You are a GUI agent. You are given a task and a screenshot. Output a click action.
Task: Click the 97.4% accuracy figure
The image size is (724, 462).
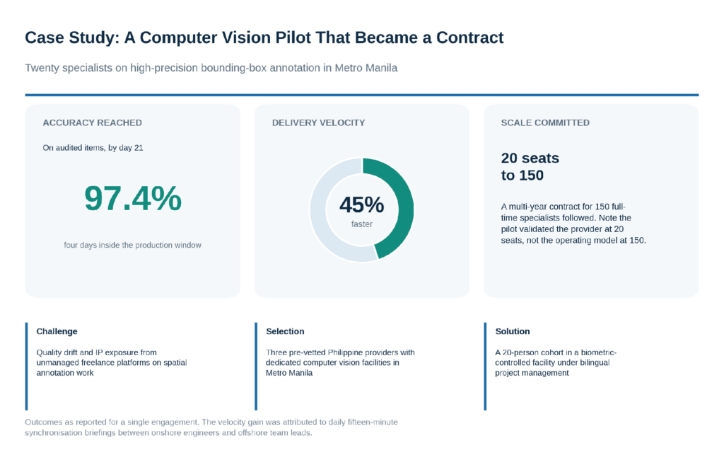[133, 198]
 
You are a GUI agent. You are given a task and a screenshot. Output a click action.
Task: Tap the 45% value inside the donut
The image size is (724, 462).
[361, 204]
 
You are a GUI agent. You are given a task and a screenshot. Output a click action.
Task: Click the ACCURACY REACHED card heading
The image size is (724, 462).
[93, 123]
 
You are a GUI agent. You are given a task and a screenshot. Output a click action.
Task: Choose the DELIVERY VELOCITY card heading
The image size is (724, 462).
[319, 123]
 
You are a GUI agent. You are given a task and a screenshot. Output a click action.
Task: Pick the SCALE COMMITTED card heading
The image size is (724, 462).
[545, 123]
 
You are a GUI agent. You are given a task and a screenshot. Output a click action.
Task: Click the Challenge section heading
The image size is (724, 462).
[57, 331]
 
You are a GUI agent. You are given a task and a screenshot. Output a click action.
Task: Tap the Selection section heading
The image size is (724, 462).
[285, 331]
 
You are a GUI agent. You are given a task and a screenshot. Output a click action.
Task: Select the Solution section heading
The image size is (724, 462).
[513, 331]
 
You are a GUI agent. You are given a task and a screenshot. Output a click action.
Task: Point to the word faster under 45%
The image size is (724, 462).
[361, 224]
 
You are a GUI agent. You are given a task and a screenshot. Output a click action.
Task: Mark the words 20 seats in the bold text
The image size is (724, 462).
[530, 158]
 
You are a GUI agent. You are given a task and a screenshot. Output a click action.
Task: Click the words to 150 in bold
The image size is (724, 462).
[522, 175]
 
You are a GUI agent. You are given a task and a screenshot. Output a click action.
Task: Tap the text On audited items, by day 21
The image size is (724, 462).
[93, 148]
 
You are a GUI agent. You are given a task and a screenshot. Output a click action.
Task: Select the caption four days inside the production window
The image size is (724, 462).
[132, 245]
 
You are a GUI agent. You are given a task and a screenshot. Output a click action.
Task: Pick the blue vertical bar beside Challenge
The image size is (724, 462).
[26, 366]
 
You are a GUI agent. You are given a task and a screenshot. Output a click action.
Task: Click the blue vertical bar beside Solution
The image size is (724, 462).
[485, 366]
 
